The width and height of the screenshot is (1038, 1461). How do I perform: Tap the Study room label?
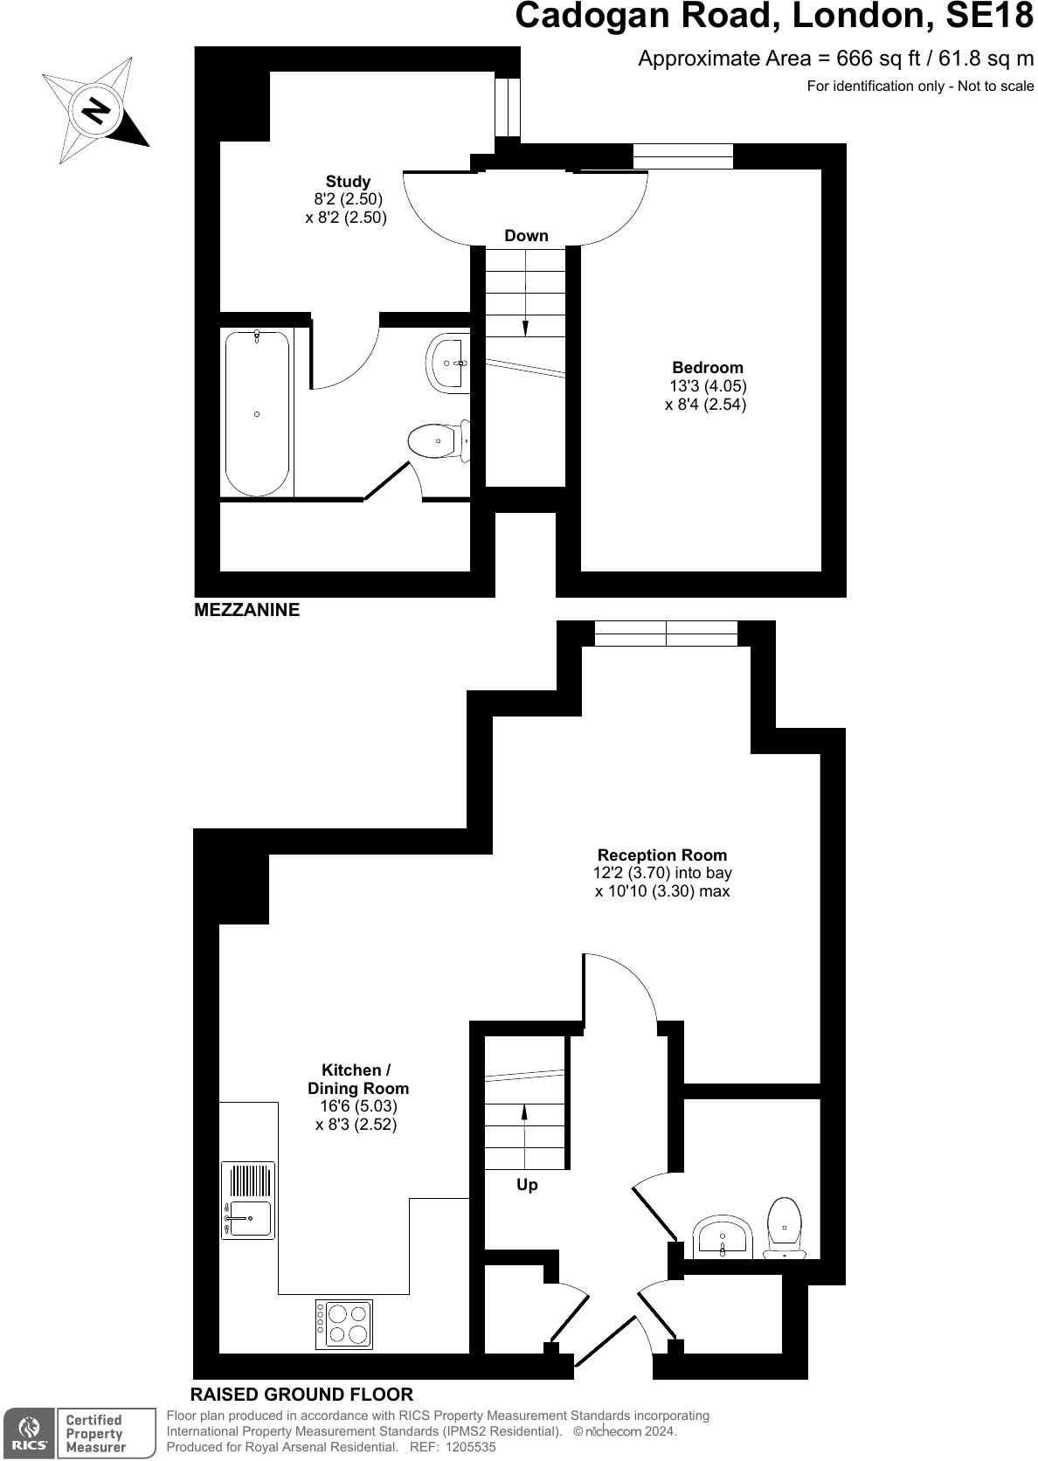click(348, 183)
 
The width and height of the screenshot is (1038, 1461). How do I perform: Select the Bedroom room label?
click(707, 367)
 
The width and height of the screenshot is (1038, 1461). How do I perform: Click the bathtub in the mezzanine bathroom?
click(257, 412)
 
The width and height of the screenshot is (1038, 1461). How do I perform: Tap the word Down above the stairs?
click(526, 236)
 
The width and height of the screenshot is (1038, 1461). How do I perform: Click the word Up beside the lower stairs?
click(527, 1185)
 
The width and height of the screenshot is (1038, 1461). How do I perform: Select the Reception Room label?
click(661, 855)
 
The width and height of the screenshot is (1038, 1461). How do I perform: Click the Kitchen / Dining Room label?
click(356, 1079)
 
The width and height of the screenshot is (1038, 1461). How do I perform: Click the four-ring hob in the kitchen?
click(344, 1325)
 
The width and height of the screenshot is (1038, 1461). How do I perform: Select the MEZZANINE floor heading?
click(246, 610)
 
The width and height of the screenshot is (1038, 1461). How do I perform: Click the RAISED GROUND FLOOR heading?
click(301, 1394)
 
